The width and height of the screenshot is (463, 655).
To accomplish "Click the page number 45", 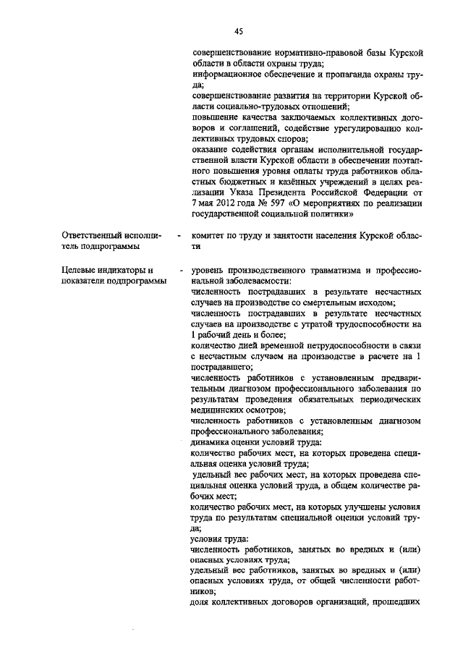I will coord(238,30).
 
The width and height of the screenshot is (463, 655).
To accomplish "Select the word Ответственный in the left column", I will coord(92,235).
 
